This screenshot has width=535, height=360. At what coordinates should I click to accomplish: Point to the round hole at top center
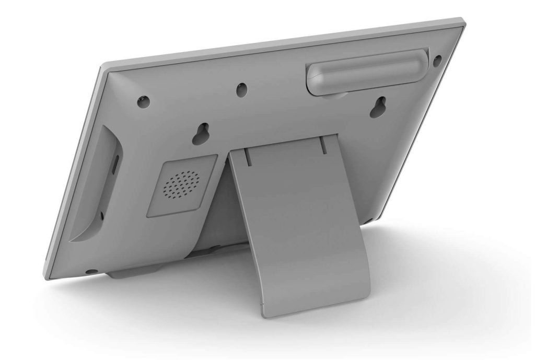click(241, 89)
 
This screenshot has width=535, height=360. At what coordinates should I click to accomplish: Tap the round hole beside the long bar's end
click(437, 60)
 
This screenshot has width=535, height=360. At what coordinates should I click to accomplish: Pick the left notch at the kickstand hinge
click(246, 156)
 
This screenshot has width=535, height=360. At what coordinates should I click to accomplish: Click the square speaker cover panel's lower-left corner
click(148, 215)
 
